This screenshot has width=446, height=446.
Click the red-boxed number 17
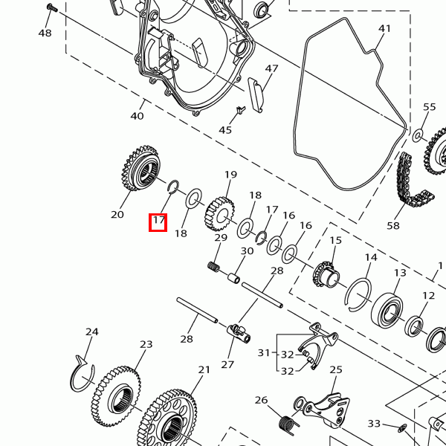(x=158, y=222)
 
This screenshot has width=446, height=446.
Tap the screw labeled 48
(x=51, y=8)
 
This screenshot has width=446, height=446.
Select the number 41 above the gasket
(x=384, y=29)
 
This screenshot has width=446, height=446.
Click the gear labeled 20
(x=141, y=170)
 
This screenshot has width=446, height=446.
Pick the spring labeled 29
(x=215, y=266)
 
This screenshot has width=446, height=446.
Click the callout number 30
(x=247, y=251)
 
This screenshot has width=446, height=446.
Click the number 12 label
(x=428, y=296)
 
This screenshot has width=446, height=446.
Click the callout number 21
(x=204, y=369)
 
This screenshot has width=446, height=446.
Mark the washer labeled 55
(x=417, y=136)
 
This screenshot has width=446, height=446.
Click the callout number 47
(x=271, y=69)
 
